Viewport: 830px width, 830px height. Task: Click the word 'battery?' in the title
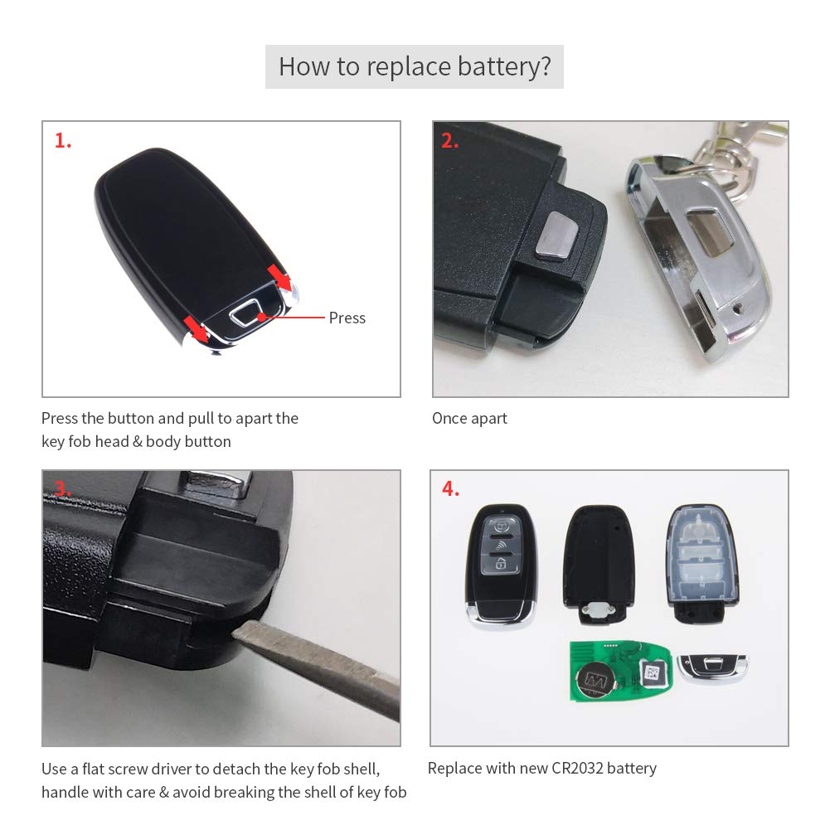tap(504, 66)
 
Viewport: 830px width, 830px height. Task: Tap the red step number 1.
tap(63, 141)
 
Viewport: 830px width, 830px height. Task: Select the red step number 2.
tap(449, 141)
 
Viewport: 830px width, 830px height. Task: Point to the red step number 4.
tap(450, 489)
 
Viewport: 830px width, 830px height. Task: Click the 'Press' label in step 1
tap(347, 318)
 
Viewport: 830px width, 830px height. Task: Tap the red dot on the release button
tap(261, 317)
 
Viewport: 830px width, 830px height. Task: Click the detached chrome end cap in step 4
tap(711, 667)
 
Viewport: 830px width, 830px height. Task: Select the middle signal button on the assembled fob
tap(500, 545)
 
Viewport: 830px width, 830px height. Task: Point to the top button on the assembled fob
tap(500, 524)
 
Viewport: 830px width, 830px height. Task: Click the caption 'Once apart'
tap(469, 418)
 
